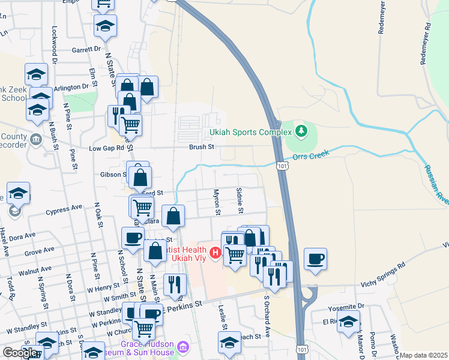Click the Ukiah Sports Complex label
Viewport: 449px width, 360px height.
pyautogui.click(x=249, y=133)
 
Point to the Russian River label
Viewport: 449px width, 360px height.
pyautogui.click(x=436, y=184)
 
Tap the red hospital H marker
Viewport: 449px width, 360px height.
pyautogui.click(x=215, y=251)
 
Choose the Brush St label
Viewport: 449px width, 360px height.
pyautogui.click(x=202, y=146)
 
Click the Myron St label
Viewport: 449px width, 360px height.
pyautogui.click(x=217, y=202)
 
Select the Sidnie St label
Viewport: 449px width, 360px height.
pyautogui.click(x=240, y=200)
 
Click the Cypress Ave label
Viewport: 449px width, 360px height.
pyautogui.click(x=64, y=208)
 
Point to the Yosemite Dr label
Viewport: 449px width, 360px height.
pyautogui.click(x=345, y=307)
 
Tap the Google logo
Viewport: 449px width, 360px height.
pyautogui.click(x=20, y=353)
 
